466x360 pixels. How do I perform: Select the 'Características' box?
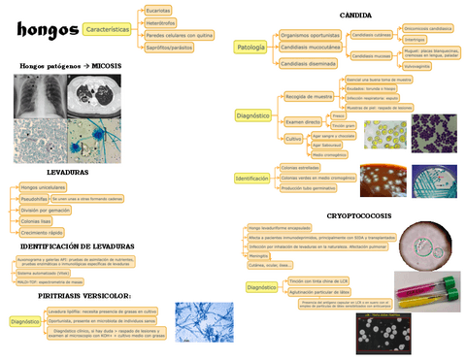[108, 31]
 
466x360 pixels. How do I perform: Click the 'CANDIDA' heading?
[354, 15]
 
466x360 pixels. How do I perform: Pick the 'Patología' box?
[249, 47]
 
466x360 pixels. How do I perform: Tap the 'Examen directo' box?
[303, 121]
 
